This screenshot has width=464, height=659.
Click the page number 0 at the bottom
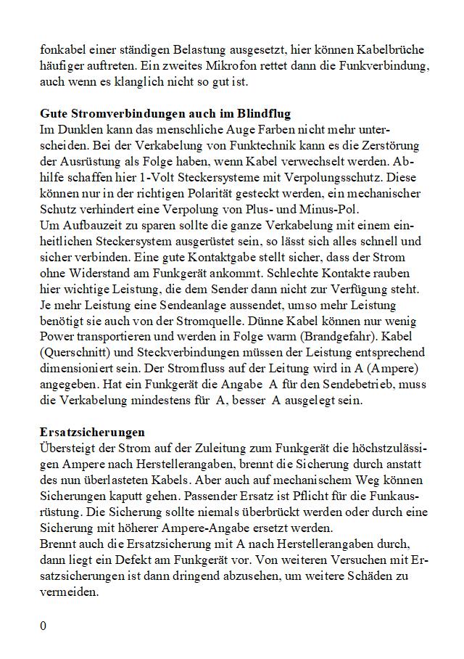(x=43, y=626)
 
